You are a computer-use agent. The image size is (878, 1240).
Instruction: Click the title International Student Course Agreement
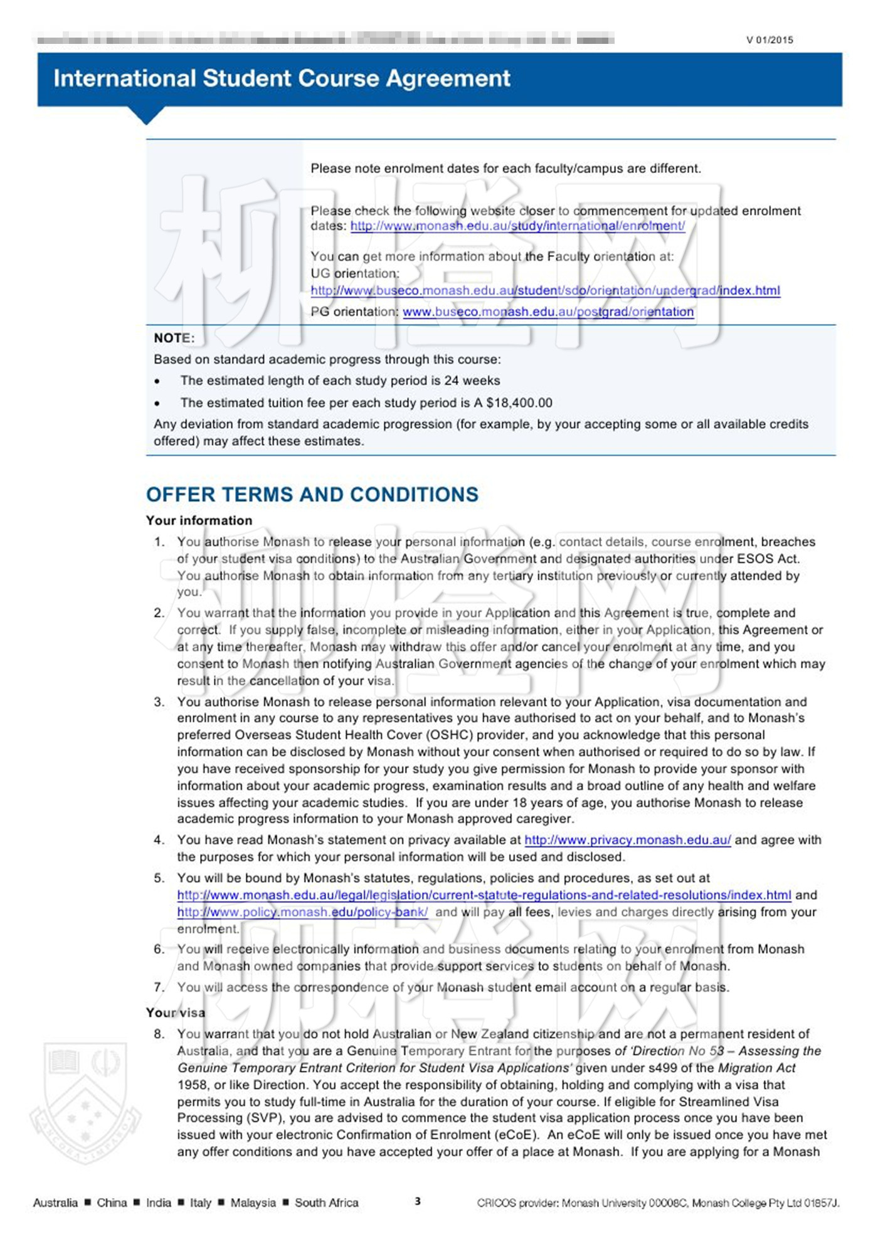point(282,78)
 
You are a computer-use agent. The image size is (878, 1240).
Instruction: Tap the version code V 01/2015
point(770,40)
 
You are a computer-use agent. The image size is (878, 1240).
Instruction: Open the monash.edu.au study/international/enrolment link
point(517,226)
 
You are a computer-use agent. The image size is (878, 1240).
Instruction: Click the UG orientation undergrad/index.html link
point(545,291)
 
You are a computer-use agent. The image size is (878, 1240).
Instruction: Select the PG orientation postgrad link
point(548,312)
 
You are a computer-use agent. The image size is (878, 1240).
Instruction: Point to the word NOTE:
point(174,339)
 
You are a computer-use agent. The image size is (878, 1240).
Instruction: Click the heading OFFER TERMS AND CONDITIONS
point(312,495)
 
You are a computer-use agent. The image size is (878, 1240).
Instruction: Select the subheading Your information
point(199,521)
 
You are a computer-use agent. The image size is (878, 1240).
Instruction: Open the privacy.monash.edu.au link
point(627,841)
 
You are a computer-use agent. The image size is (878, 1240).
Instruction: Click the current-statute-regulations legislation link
point(484,896)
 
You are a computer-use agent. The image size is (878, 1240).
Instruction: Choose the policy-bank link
point(302,913)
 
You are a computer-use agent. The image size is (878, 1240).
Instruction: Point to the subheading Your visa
point(176,1013)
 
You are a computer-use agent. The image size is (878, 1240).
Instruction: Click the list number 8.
point(159,1034)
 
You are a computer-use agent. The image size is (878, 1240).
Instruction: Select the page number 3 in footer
point(418,1202)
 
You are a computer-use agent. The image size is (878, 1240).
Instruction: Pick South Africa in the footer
point(326,1203)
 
